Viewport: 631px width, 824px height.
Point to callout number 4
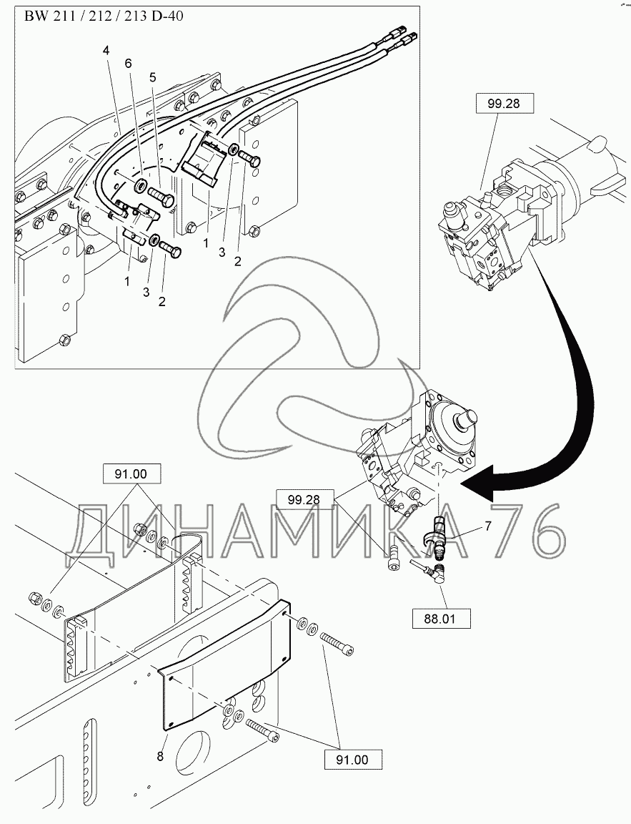tap(106, 50)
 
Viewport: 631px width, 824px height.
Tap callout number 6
tap(129, 63)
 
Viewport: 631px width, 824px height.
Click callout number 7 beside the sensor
tap(488, 527)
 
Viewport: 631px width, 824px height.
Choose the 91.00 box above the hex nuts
tap(133, 473)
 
